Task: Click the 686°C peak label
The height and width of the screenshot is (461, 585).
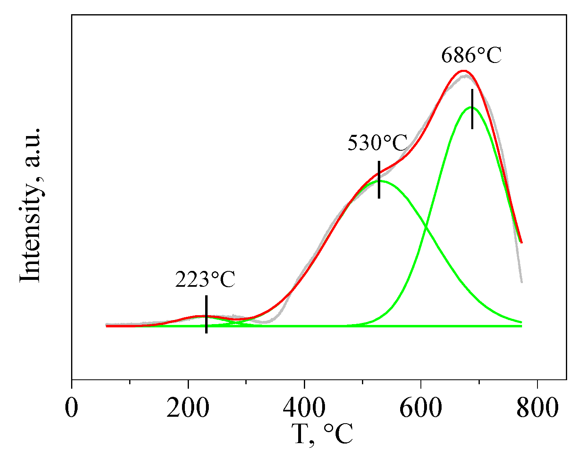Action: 471,56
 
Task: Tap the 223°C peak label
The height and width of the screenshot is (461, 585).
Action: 205,279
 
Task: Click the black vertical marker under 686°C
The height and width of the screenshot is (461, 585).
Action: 472,109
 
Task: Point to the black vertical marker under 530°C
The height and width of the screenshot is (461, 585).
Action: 379,180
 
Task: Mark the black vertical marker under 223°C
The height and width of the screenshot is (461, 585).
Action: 206,314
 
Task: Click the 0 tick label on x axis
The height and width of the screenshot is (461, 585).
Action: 71,408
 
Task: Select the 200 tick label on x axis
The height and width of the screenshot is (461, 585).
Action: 188,408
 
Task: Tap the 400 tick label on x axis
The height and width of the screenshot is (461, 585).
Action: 304,408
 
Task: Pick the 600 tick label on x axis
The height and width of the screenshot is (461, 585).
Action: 420,408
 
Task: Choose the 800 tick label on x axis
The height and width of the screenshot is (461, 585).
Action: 537,408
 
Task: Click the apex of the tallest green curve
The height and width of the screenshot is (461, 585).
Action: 471,107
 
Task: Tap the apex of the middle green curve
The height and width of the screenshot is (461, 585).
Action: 380,181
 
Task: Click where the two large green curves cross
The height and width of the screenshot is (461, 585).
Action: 425,228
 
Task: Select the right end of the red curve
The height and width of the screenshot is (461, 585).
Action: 521,243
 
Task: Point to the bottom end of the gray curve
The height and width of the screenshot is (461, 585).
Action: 522,282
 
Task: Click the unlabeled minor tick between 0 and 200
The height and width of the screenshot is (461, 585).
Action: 130,382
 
